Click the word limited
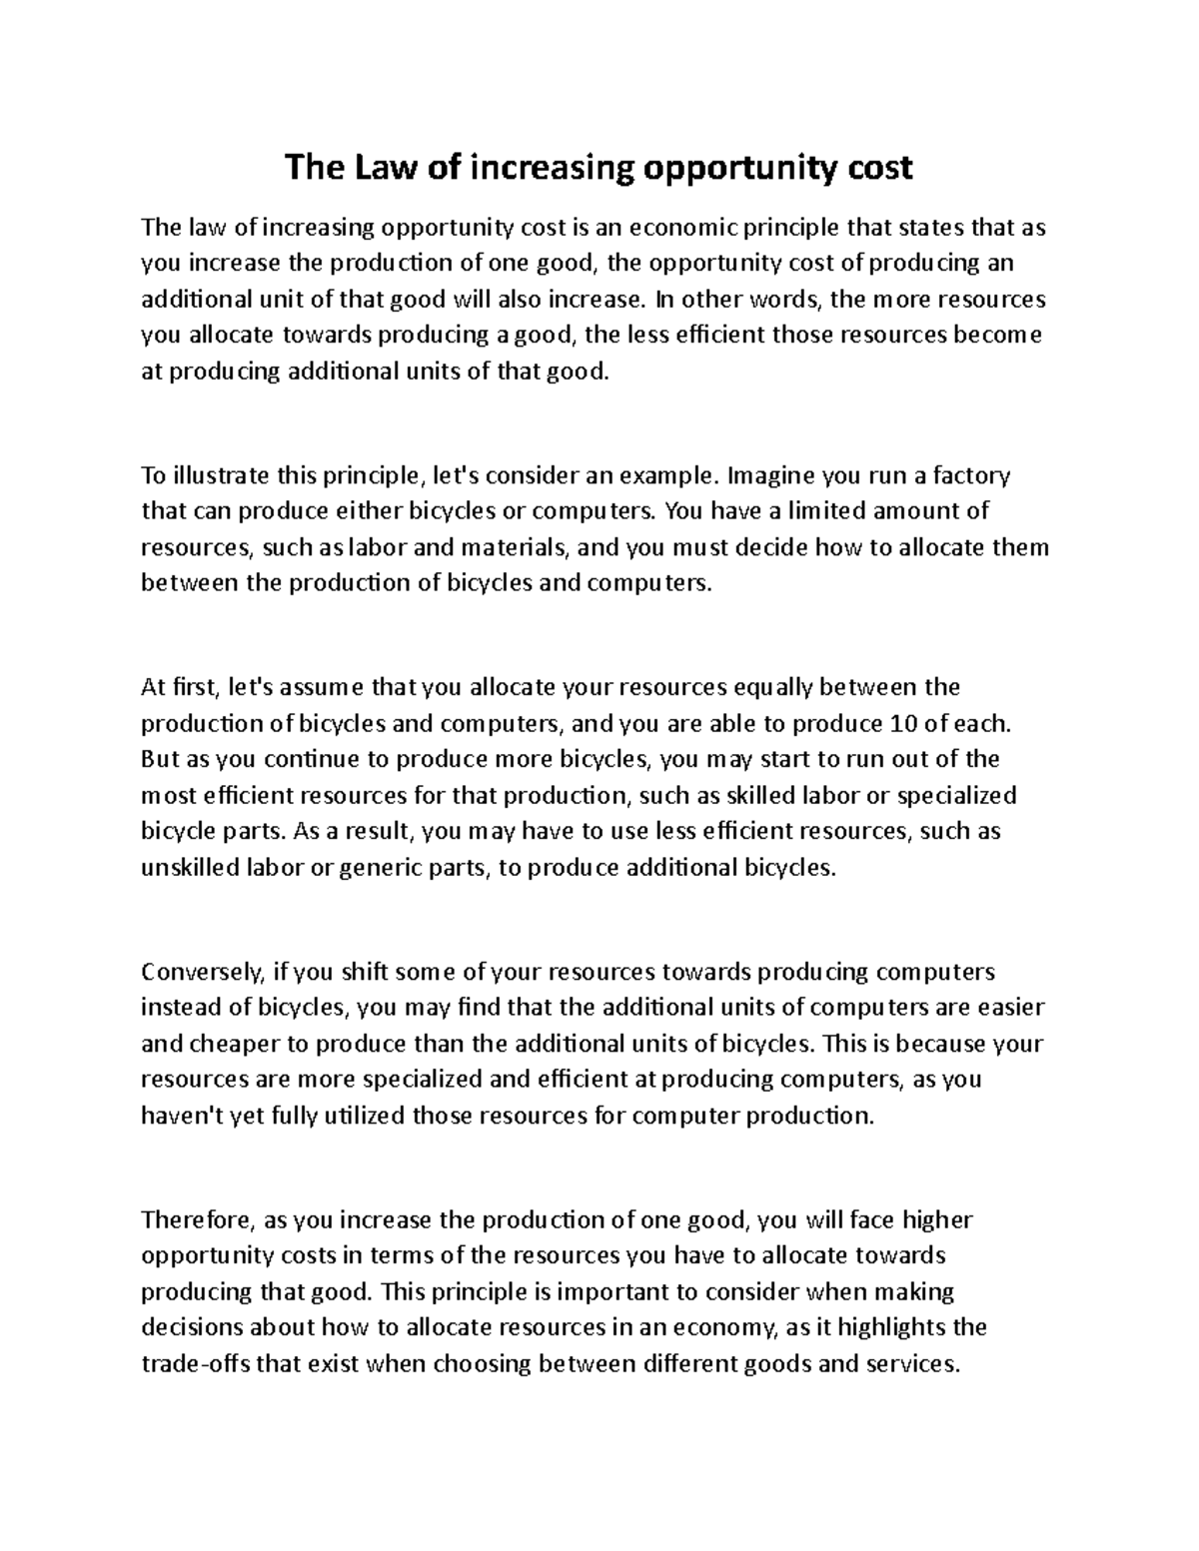(827, 511)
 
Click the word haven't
(184, 1116)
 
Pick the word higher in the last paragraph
(936, 1219)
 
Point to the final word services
(910, 1363)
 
